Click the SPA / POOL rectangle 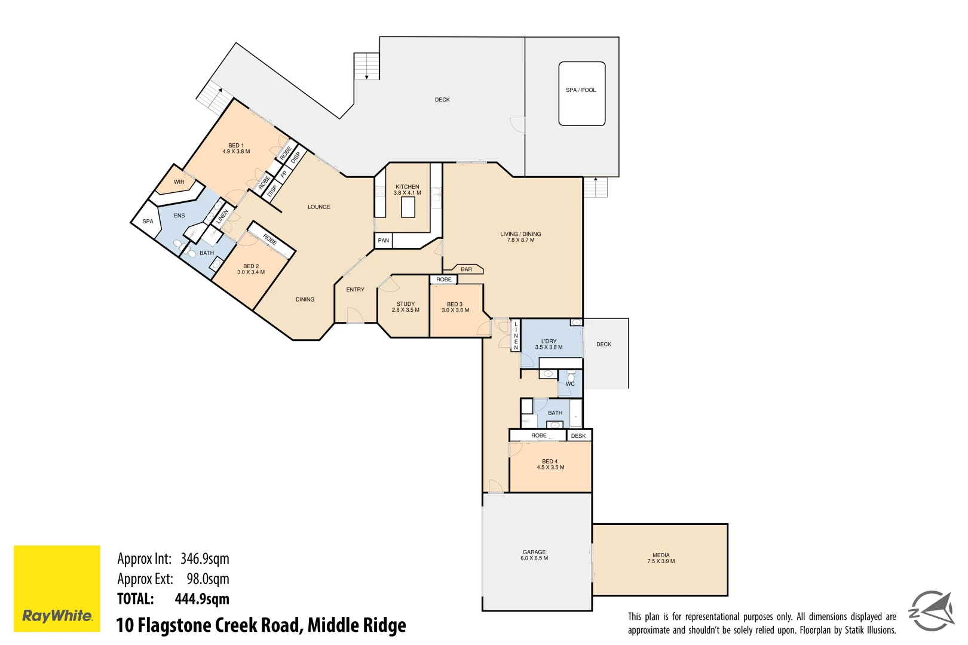[581, 94]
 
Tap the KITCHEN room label [407, 187]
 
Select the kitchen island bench [408, 207]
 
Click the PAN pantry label [384, 241]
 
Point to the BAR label [467, 269]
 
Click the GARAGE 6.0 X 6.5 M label [534, 555]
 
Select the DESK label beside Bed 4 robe [578, 436]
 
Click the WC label [570, 384]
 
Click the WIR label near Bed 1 [179, 182]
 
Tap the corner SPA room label [148, 222]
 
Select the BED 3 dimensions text [455, 311]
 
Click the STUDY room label [406, 304]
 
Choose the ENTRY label [356, 290]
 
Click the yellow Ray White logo [57, 588]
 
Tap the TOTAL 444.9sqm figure [201, 599]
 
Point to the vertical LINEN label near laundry [516, 336]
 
